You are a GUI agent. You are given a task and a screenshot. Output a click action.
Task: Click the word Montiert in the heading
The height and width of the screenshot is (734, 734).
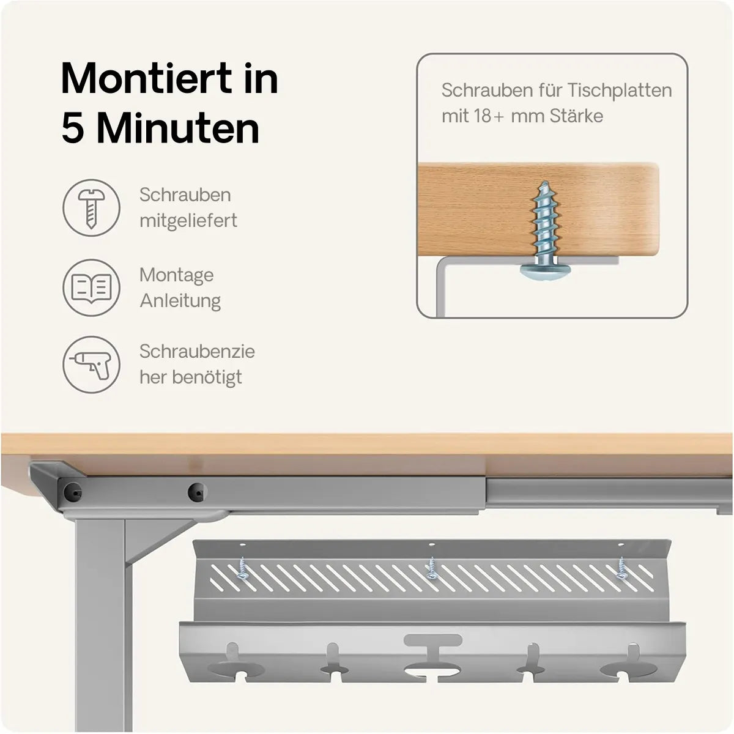(x=146, y=78)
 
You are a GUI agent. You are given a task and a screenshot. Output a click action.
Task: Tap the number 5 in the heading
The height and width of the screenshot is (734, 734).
(x=72, y=128)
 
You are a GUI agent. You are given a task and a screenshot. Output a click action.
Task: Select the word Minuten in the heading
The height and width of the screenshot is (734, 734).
(x=178, y=128)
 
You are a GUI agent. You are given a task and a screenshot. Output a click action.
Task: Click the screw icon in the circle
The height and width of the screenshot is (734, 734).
(x=91, y=209)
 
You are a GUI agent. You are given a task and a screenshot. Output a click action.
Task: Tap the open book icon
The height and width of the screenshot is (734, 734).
(x=91, y=288)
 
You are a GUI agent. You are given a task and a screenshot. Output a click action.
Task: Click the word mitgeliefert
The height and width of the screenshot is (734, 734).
(x=188, y=221)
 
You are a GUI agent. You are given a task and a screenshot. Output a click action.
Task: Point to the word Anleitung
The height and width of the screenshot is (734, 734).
(x=180, y=301)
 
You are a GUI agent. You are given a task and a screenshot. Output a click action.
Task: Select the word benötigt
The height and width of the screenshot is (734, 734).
(x=207, y=377)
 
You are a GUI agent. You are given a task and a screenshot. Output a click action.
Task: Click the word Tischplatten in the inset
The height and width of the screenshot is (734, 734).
(x=620, y=91)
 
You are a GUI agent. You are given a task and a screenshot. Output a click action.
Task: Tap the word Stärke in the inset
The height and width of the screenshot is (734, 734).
(x=576, y=116)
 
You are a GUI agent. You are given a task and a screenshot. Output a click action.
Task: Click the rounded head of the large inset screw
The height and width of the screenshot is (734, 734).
(x=546, y=271)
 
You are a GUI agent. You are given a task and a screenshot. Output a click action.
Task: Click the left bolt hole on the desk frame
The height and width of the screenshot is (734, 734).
(x=72, y=492)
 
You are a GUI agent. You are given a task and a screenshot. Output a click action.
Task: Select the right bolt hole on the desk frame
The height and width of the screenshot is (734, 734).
(x=197, y=492)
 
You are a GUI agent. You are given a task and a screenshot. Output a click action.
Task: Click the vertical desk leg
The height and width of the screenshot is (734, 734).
(x=102, y=625)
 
